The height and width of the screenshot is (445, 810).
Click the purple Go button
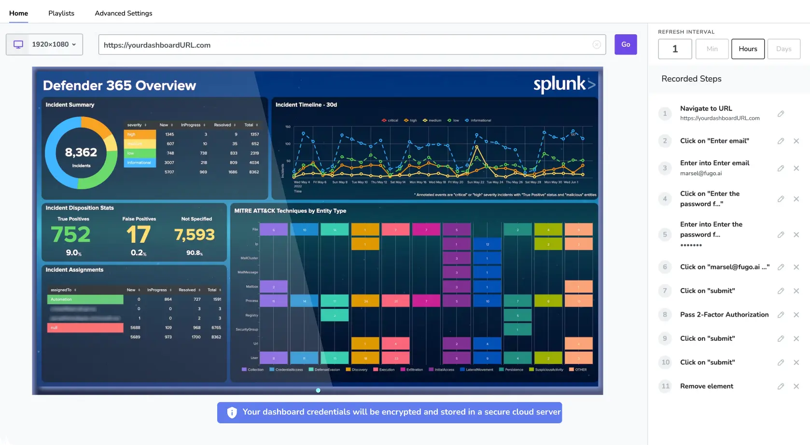pyautogui.click(x=625, y=44)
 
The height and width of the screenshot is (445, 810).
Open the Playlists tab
pyautogui.click(x=61, y=13)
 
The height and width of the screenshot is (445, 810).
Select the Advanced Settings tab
pyautogui.click(x=124, y=13)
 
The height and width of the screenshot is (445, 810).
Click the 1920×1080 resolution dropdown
pyautogui.click(x=44, y=44)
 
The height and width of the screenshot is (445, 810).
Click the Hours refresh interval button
pyautogui.click(x=748, y=49)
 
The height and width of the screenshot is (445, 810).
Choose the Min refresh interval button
pyautogui.click(x=712, y=49)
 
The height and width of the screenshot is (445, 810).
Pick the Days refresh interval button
pyautogui.click(x=783, y=49)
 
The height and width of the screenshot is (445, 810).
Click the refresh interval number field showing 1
pyautogui.click(x=675, y=49)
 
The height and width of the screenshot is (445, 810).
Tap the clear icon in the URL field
pyautogui.click(x=597, y=44)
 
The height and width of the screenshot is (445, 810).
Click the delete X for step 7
pyautogui.click(x=796, y=291)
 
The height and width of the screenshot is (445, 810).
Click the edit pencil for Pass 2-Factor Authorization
pyautogui.click(x=781, y=315)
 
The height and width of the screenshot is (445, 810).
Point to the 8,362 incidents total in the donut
pyautogui.click(x=81, y=153)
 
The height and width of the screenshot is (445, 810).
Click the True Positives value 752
pyautogui.click(x=71, y=235)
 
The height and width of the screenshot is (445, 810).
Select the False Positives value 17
pyautogui.click(x=139, y=235)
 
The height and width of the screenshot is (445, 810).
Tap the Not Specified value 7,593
pyautogui.click(x=195, y=235)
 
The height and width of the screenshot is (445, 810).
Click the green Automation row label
pyautogui.click(x=85, y=299)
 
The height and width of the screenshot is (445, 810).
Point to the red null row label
pyautogui.click(x=85, y=328)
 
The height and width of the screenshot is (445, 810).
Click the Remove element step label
pyautogui.click(x=706, y=386)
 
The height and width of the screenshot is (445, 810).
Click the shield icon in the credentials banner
pyautogui.click(x=232, y=412)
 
